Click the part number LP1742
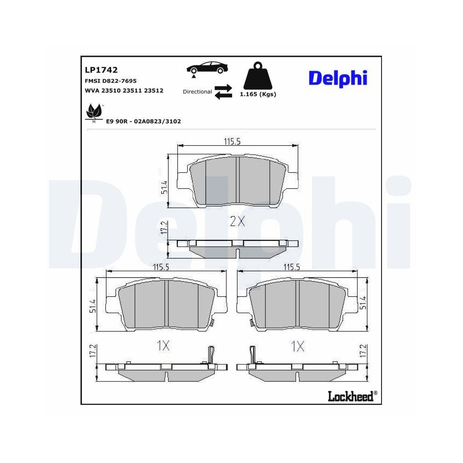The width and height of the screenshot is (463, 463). coord(101,70)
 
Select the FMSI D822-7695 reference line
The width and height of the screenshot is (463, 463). coord(110,81)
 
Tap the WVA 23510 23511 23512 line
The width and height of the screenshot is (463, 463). coord(124,91)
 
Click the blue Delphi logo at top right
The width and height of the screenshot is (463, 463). coord(338,78)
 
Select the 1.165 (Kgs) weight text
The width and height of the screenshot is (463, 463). coord(257,94)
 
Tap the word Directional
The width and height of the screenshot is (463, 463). coord(197,92)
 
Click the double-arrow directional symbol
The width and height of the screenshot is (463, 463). coord(223,91)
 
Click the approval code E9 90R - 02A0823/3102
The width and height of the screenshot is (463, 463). coord(144,121)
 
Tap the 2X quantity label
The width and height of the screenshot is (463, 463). coord(237,221)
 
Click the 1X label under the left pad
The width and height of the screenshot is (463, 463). coord(163,345)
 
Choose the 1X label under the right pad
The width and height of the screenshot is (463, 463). coord(297,345)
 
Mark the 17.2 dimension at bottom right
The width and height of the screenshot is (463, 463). coord(363,350)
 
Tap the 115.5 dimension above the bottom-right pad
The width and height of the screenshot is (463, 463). coord(293,267)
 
